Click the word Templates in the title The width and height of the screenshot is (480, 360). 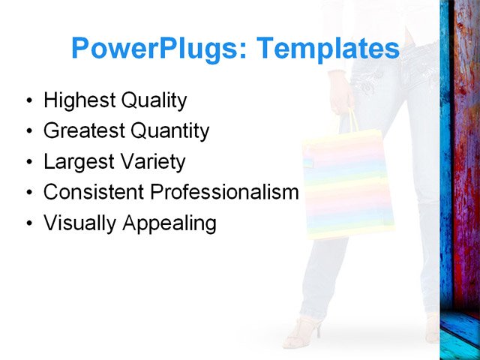pos(328,49)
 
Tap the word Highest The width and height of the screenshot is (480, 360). pos(77,100)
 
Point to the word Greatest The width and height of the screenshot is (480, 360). pos(84,131)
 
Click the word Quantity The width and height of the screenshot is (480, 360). pos(169,131)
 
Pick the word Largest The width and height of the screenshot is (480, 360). pos(79,162)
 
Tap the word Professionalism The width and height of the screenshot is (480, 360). pos(224,192)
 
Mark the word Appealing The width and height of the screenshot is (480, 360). pos(169,223)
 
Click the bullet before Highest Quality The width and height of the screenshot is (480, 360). pos(28,101)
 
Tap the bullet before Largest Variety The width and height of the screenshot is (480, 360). pos(28,163)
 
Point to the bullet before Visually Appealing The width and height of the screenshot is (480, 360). pos(28,223)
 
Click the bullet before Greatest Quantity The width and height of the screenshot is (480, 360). pos(28,132)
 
